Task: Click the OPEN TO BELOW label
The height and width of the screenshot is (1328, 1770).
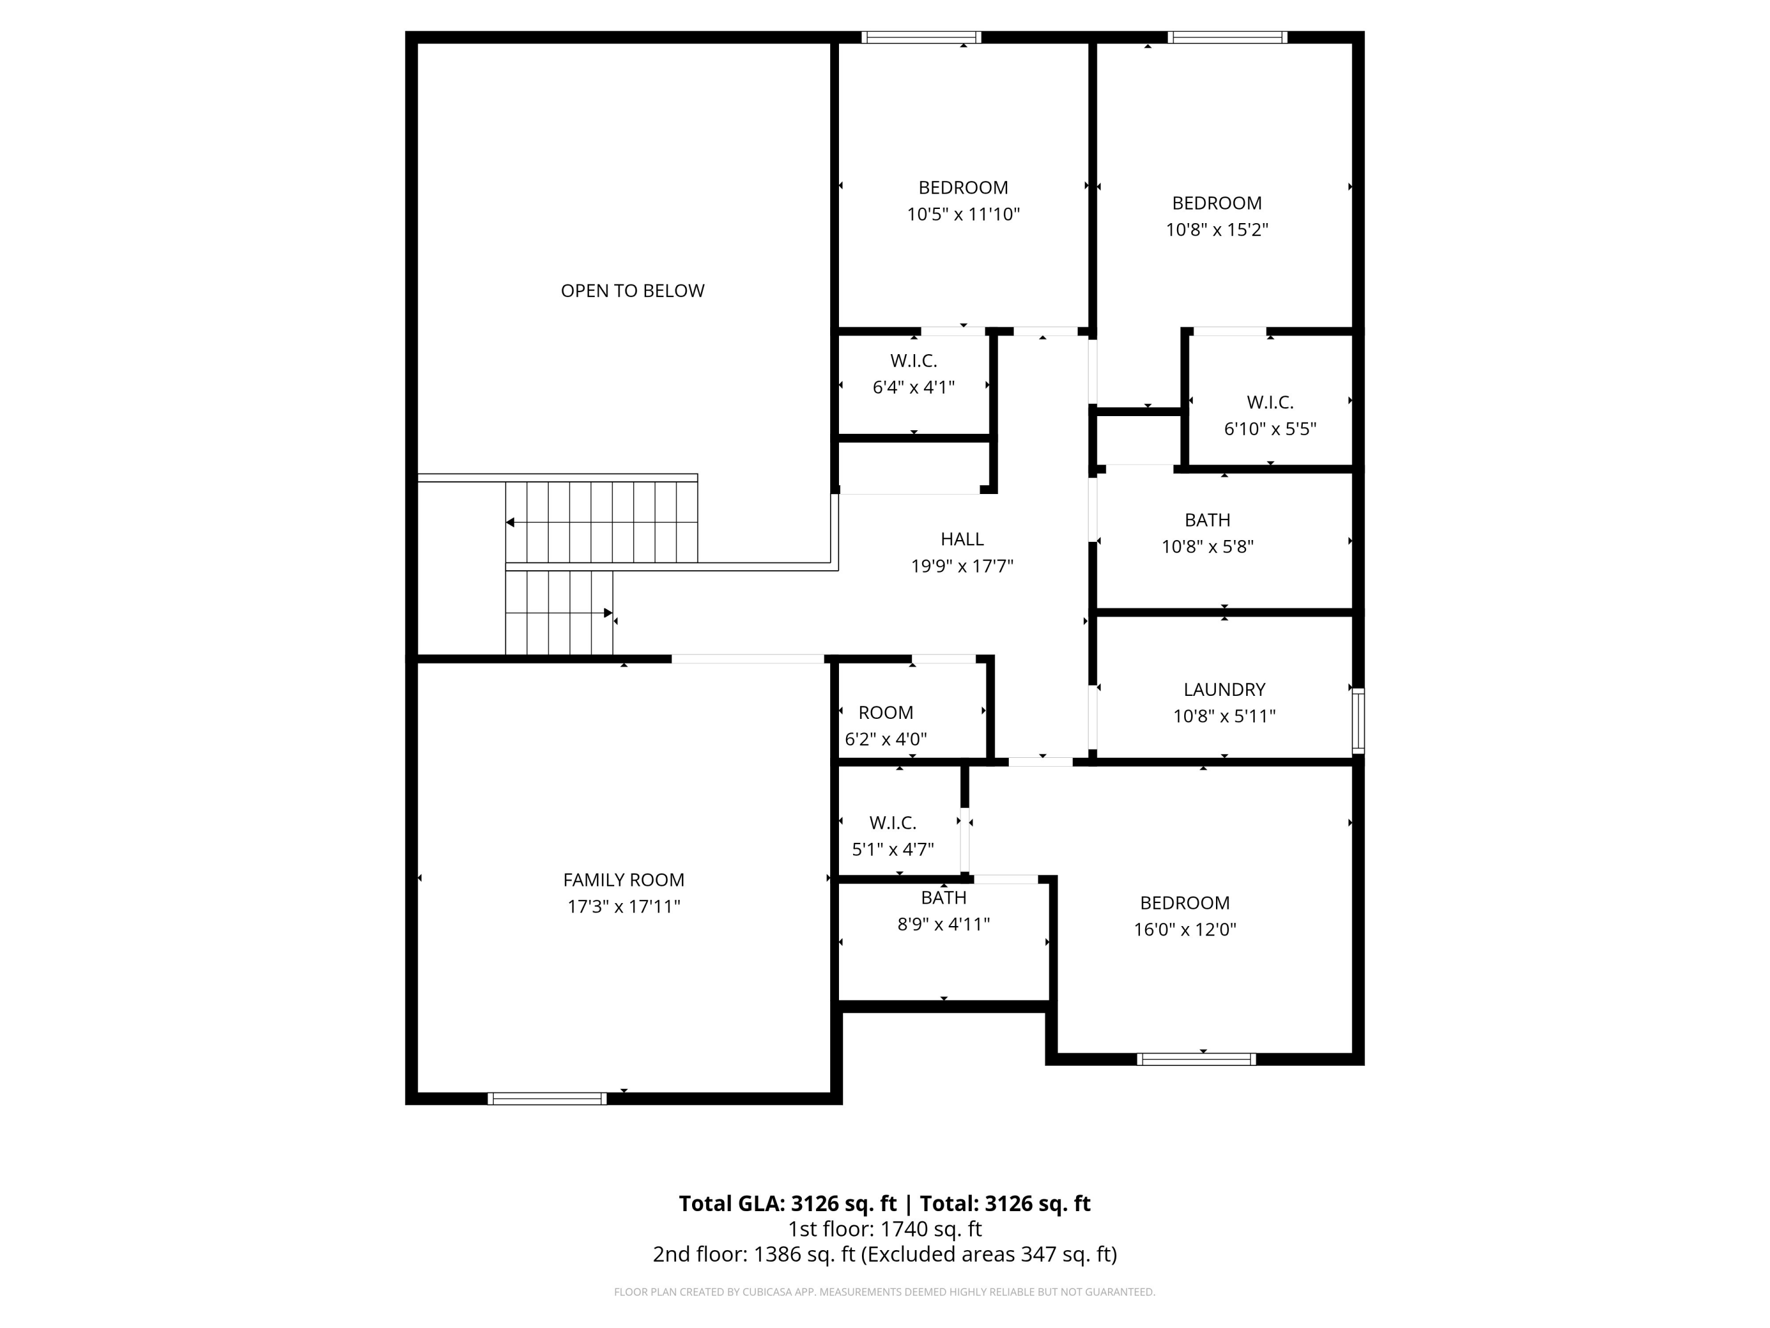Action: [x=632, y=290]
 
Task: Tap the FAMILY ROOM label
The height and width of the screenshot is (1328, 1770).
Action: [x=624, y=880]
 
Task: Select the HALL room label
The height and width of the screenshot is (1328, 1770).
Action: [x=962, y=539]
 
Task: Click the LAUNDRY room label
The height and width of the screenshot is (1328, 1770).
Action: [x=1224, y=689]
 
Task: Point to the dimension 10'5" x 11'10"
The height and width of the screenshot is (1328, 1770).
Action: [x=963, y=214]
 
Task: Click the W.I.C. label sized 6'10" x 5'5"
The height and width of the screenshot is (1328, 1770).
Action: [x=1270, y=402]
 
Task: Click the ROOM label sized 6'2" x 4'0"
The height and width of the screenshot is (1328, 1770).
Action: [x=886, y=712]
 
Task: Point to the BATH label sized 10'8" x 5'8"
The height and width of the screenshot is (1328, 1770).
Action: [x=1208, y=521]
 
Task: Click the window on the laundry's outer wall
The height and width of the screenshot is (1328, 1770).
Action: [x=1358, y=721]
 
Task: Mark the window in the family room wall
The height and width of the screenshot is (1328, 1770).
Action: [x=548, y=1098]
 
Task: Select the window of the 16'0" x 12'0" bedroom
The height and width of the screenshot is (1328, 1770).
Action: [x=1197, y=1059]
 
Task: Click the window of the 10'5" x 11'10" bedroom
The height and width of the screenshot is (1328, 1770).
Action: [x=921, y=37]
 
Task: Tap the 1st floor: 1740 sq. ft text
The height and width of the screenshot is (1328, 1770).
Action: [x=885, y=1229]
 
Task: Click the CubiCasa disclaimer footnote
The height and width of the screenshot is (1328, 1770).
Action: [x=885, y=1291]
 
